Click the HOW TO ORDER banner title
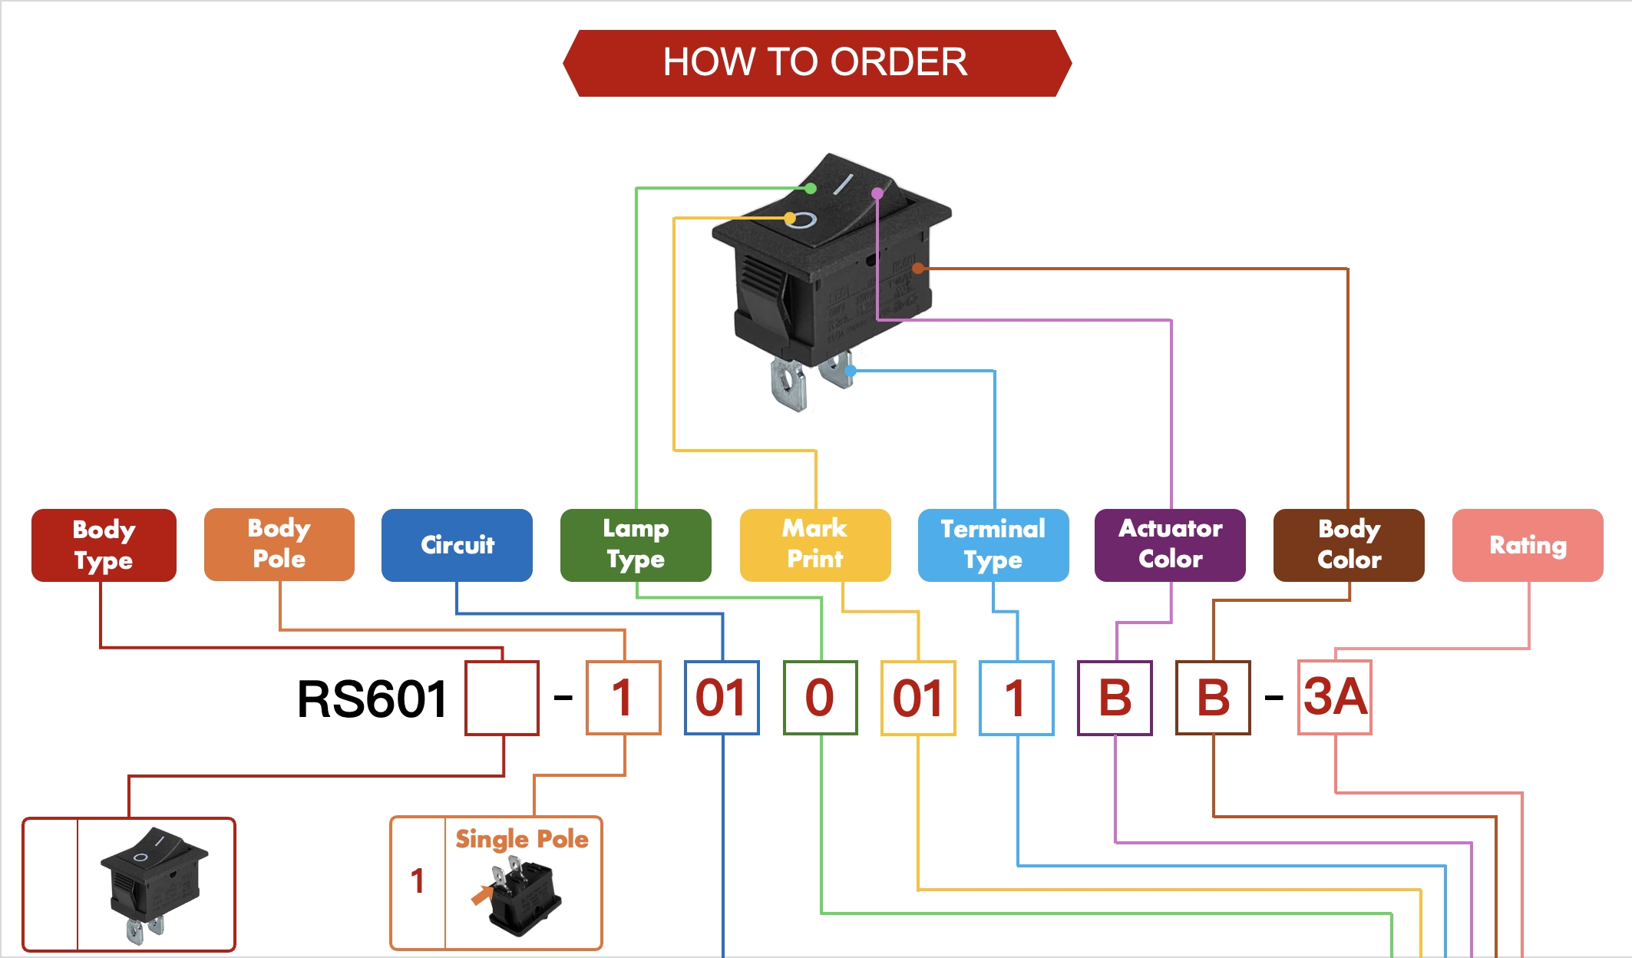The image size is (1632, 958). click(x=815, y=62)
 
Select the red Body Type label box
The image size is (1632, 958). click(x=104, y=545)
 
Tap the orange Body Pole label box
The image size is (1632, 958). click(x=279, y=544)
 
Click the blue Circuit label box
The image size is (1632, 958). click(x=457, y=545)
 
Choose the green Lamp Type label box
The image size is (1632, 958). click(x=636, y=545)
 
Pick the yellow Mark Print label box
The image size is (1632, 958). click(x=815, y=545)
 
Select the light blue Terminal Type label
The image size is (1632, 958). click(x=993, y=545)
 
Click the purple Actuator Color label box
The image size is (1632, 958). click(x=1170, y=545)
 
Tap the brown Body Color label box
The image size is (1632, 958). click(x=1349, y=545)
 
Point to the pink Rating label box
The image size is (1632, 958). click(x=1528, y=545)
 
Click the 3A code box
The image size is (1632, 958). click(x=1335, y=697)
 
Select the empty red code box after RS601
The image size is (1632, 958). click(x=502, y=698)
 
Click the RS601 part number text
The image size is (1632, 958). click(x=372, y=699)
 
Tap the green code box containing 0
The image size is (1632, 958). click(x=820, y=698)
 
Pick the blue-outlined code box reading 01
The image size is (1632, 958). click(x=722, y=698)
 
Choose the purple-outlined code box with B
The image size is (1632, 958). click(x=1115, y=698)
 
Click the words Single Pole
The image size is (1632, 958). click(x=522, y=839)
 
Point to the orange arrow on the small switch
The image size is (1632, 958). click(x=481, y=895)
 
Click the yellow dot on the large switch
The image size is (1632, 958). click(x=790, y=218)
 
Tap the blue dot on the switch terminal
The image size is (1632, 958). click(x=851, y=371)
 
